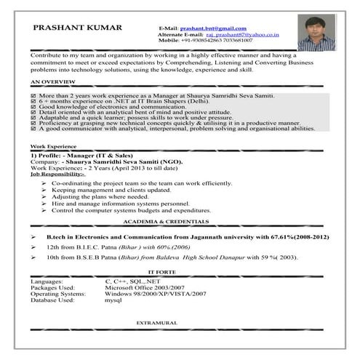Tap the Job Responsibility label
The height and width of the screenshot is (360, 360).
point(57,175)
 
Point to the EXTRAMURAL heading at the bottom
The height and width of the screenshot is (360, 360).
point(158,321)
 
